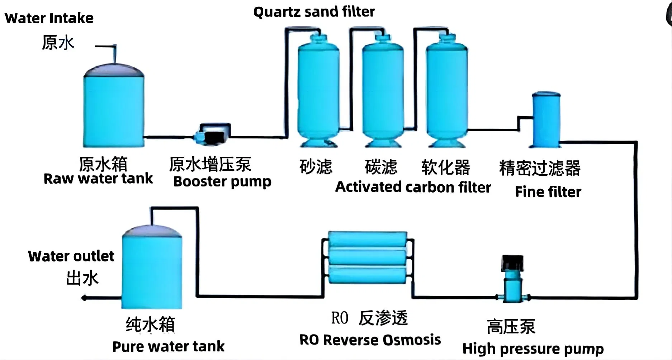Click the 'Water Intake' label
[49, 18]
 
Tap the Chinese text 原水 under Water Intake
[58, 43]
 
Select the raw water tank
[114, 108]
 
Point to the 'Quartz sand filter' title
[314, 12]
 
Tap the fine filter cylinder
[546, 120]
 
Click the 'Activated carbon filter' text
[413, 187]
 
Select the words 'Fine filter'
[548, 192]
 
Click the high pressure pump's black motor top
[512, 263]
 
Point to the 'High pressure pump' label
[533, 349]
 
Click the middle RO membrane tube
[367, 257]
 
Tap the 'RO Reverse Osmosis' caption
[370, 340]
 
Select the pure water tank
[152, 269]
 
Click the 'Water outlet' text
[71, 256]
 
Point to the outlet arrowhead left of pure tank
[84, 298]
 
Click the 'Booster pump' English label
[222, 181]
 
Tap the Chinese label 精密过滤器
[540, 168]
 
